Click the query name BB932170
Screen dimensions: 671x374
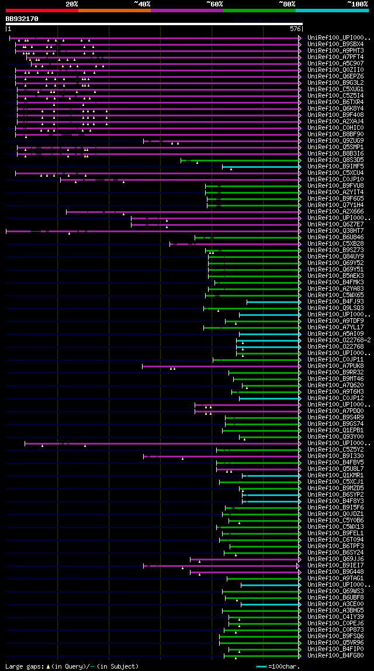(x=22, y=19)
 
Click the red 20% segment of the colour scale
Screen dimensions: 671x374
(x=41, y=10)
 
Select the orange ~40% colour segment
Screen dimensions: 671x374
(x=114, y=10)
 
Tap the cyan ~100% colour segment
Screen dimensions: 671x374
(x=332, y=10)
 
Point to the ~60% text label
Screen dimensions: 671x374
(x=214, y=4)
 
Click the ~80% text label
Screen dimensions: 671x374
(x=287, y=4)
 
